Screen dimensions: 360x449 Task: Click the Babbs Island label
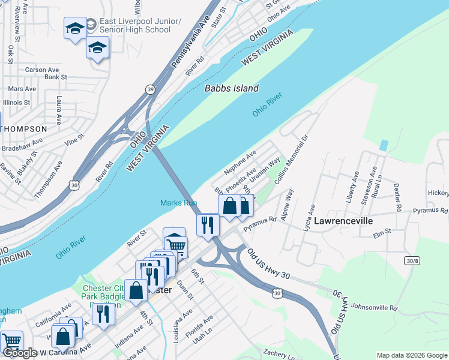(x=232, y=88)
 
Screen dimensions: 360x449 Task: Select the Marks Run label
(x=178, y=203)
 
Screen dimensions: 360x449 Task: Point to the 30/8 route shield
(x=412, y=260)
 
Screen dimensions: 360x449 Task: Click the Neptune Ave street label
(x=240, y=163)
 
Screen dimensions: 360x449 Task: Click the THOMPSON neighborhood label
(x=24, y=129)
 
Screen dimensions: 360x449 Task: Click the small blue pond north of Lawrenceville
(x=384, y=146)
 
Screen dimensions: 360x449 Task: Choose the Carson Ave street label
(x=42, y=70)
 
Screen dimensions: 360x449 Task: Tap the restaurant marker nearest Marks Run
(x=208, y=226)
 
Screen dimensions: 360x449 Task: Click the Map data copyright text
(x=412, y=355)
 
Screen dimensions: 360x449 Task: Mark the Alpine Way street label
(x=287, y=204)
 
